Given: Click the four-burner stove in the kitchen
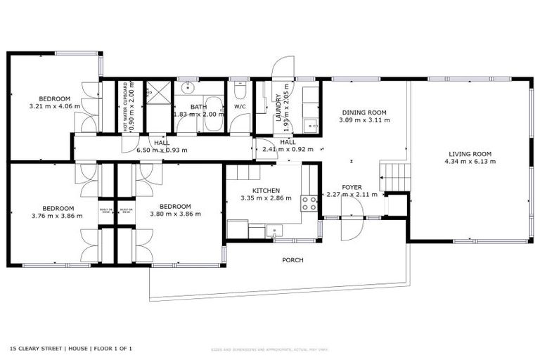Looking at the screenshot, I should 309,203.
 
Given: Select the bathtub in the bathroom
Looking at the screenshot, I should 213,117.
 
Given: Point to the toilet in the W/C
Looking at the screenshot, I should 240,91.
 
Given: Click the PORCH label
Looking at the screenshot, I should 292,260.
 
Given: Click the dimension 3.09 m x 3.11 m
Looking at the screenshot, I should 364,120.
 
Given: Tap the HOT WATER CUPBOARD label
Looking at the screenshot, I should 126,106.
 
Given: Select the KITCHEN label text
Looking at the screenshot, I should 266,190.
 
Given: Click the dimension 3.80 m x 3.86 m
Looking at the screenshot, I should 175,214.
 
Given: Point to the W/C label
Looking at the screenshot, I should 240,107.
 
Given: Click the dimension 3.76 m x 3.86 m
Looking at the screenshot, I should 58,216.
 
